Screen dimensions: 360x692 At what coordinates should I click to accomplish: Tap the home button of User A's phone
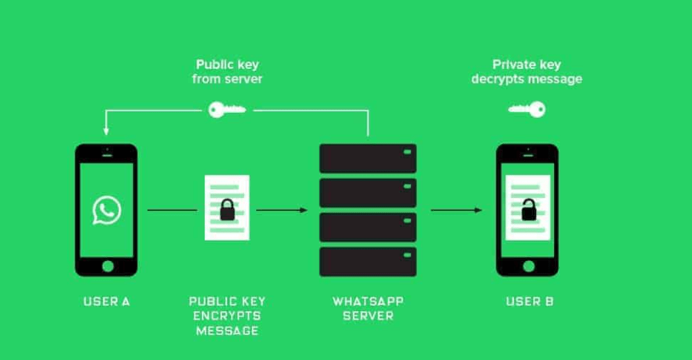pos(107,266)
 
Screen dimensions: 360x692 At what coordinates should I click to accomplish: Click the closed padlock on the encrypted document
pos(226,211)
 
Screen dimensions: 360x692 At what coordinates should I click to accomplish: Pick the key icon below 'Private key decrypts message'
pos(526,109)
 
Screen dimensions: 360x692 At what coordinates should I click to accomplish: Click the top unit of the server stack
pos(368,158)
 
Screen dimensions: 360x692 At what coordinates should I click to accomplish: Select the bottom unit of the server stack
pos(368,261)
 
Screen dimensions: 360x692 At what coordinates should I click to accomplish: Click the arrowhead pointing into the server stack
pos(304,210)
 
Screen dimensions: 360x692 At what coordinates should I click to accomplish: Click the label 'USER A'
pos(107,302)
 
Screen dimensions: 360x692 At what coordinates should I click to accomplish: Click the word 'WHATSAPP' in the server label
pos(368,302)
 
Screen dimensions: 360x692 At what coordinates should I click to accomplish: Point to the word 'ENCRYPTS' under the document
pos(228,316)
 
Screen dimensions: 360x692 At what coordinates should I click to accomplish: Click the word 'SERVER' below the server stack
pos(368,316)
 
